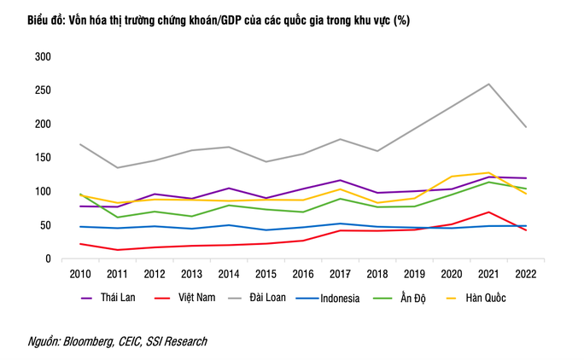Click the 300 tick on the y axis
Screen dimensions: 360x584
pyautogui.click(x=42, y=56)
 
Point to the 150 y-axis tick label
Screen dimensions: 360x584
pyautogui.click(x=42, y=158)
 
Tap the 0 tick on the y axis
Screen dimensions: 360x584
pyautogui.click(x=48, y=259)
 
